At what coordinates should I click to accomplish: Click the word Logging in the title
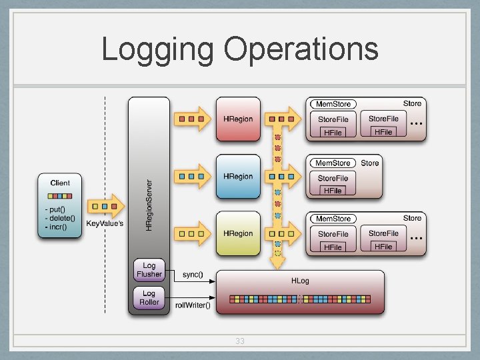click(157, 50)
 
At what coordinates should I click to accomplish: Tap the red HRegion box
click(238, 119)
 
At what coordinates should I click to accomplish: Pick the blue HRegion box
click(238, 176)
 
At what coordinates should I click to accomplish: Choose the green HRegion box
click(238, 233)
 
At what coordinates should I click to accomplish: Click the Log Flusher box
click(149, 270)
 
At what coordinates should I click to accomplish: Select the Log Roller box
click(149, 298)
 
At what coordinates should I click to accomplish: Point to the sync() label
click(193, 274)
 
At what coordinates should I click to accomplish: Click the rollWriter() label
click(193, 305)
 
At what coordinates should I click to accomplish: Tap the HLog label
click(300, 281)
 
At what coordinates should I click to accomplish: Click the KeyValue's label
click(105, 223)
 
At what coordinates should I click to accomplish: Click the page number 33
click(240, 341)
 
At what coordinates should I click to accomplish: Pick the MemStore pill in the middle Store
click(333, 163)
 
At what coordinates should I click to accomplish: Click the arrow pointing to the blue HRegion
click(192, 176)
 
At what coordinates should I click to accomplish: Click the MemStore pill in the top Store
click(333, 104)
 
